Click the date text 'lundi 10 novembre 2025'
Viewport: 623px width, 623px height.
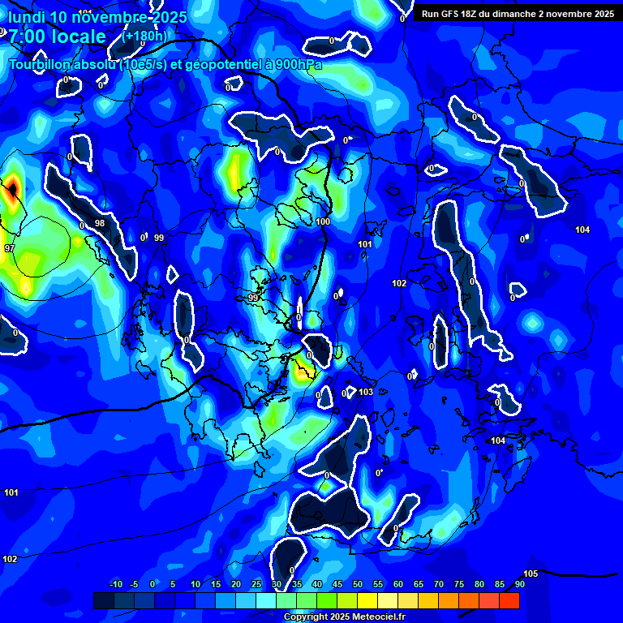click(97, 17)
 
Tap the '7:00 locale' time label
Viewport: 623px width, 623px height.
click(57, 37)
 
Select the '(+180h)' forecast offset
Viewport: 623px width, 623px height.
click(145, 36)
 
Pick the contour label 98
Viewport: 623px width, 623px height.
click(100, 223)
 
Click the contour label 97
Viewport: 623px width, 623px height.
click(10, 248)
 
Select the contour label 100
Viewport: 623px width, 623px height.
click(324, 221)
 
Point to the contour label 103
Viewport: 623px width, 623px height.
click(366, 392)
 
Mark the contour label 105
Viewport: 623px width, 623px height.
click(531, 574)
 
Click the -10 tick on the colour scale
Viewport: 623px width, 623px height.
click(115, 584)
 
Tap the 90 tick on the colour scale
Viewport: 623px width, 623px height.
click(519, 584)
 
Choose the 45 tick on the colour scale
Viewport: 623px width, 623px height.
click(337, 584)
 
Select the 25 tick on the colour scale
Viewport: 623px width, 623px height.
click(256, 584)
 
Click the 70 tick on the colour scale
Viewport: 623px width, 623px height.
click(438, 584)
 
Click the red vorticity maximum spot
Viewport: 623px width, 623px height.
click(12, 191)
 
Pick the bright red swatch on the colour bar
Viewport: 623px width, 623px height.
click(509, 600)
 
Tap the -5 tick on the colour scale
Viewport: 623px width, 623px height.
click(135, 584)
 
